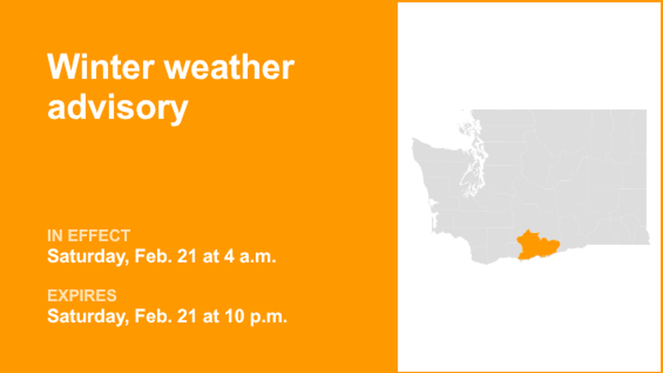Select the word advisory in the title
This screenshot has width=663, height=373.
117,108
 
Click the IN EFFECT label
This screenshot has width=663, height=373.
88,236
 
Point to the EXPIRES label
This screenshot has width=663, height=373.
82,296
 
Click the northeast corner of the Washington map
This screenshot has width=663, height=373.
646,111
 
